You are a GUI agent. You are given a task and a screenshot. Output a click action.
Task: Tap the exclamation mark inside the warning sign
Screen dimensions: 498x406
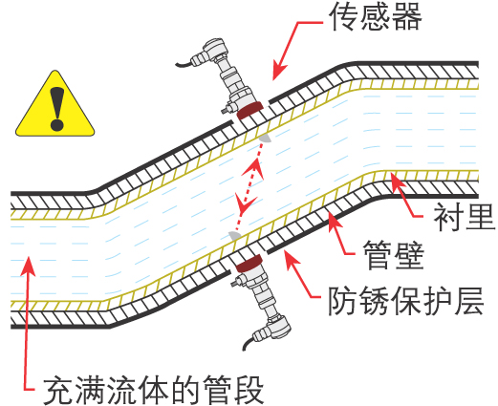[57, 108]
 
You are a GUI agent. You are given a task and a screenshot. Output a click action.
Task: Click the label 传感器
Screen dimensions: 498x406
[376, 17]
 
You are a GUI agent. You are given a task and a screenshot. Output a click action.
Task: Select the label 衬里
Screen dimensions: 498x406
[465, 217]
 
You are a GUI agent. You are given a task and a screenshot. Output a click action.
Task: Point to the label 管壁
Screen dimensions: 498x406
[393, 255]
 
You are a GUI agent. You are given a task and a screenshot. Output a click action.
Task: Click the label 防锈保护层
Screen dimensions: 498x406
[405, 301]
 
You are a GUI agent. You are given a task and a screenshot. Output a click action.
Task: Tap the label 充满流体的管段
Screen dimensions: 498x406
[153, 390]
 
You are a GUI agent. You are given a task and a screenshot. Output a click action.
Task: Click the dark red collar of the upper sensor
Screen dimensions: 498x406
[249, 111]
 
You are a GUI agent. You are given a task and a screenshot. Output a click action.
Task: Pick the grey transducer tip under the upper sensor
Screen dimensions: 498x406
[265, 139]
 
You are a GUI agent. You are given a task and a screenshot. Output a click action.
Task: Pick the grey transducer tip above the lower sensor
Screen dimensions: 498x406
[235, 236]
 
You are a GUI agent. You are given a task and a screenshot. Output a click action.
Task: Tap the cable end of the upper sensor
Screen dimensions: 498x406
[177, 65]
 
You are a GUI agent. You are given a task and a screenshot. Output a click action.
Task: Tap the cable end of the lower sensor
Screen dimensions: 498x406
[244, 349]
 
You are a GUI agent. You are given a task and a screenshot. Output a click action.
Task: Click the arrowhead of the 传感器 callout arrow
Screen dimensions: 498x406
[278, 72]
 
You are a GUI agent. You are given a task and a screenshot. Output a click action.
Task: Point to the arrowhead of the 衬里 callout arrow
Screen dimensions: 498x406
[395, 181]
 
